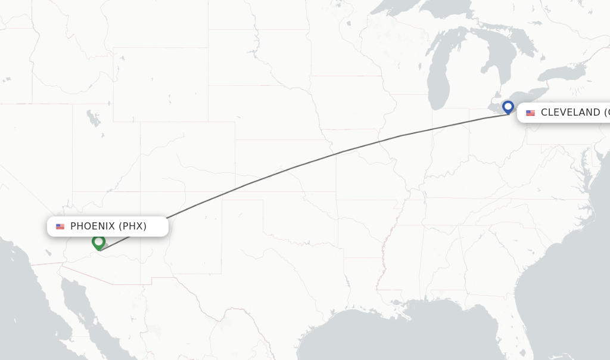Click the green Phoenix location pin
click(x=99, y=242)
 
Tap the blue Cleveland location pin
click(x=508, y=107)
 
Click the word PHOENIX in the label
click(x=92, y=226)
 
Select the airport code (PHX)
click(x=132, y=226)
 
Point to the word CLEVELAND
click(x=570, y=113)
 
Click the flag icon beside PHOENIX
click(x=60, y=226)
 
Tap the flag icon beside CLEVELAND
click(x=530, y=113)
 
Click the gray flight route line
click(x=298, y=166)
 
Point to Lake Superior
click(x=417, y=9)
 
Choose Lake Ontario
click(x=563, y=73)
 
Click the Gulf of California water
click(x=89, y=316)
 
